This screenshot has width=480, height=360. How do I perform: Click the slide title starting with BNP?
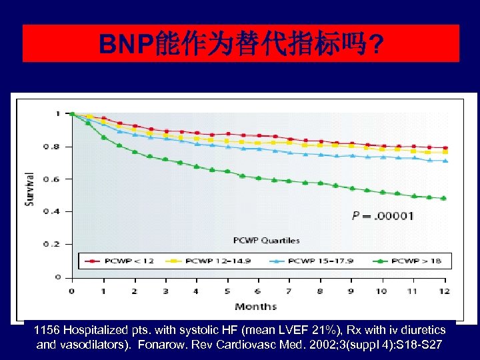[241, 45]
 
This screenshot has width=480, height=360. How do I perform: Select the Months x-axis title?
[255, 306]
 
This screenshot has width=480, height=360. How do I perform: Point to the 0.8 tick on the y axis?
[57, 146]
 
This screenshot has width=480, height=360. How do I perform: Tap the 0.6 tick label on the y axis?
[57, 179]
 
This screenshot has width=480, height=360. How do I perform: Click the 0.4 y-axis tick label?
[57, 211]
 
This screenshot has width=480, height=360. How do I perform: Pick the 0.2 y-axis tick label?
[57, 244]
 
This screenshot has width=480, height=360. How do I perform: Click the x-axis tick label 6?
[257, 291]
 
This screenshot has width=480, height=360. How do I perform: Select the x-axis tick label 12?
[443, 291]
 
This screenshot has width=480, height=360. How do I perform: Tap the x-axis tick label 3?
[165, 291]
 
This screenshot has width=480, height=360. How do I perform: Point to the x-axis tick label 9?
[351, 291]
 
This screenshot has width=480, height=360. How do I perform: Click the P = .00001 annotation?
[383, 215]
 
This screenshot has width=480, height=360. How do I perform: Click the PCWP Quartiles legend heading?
[266, 240]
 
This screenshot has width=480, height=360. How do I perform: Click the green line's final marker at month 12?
[443, 198]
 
